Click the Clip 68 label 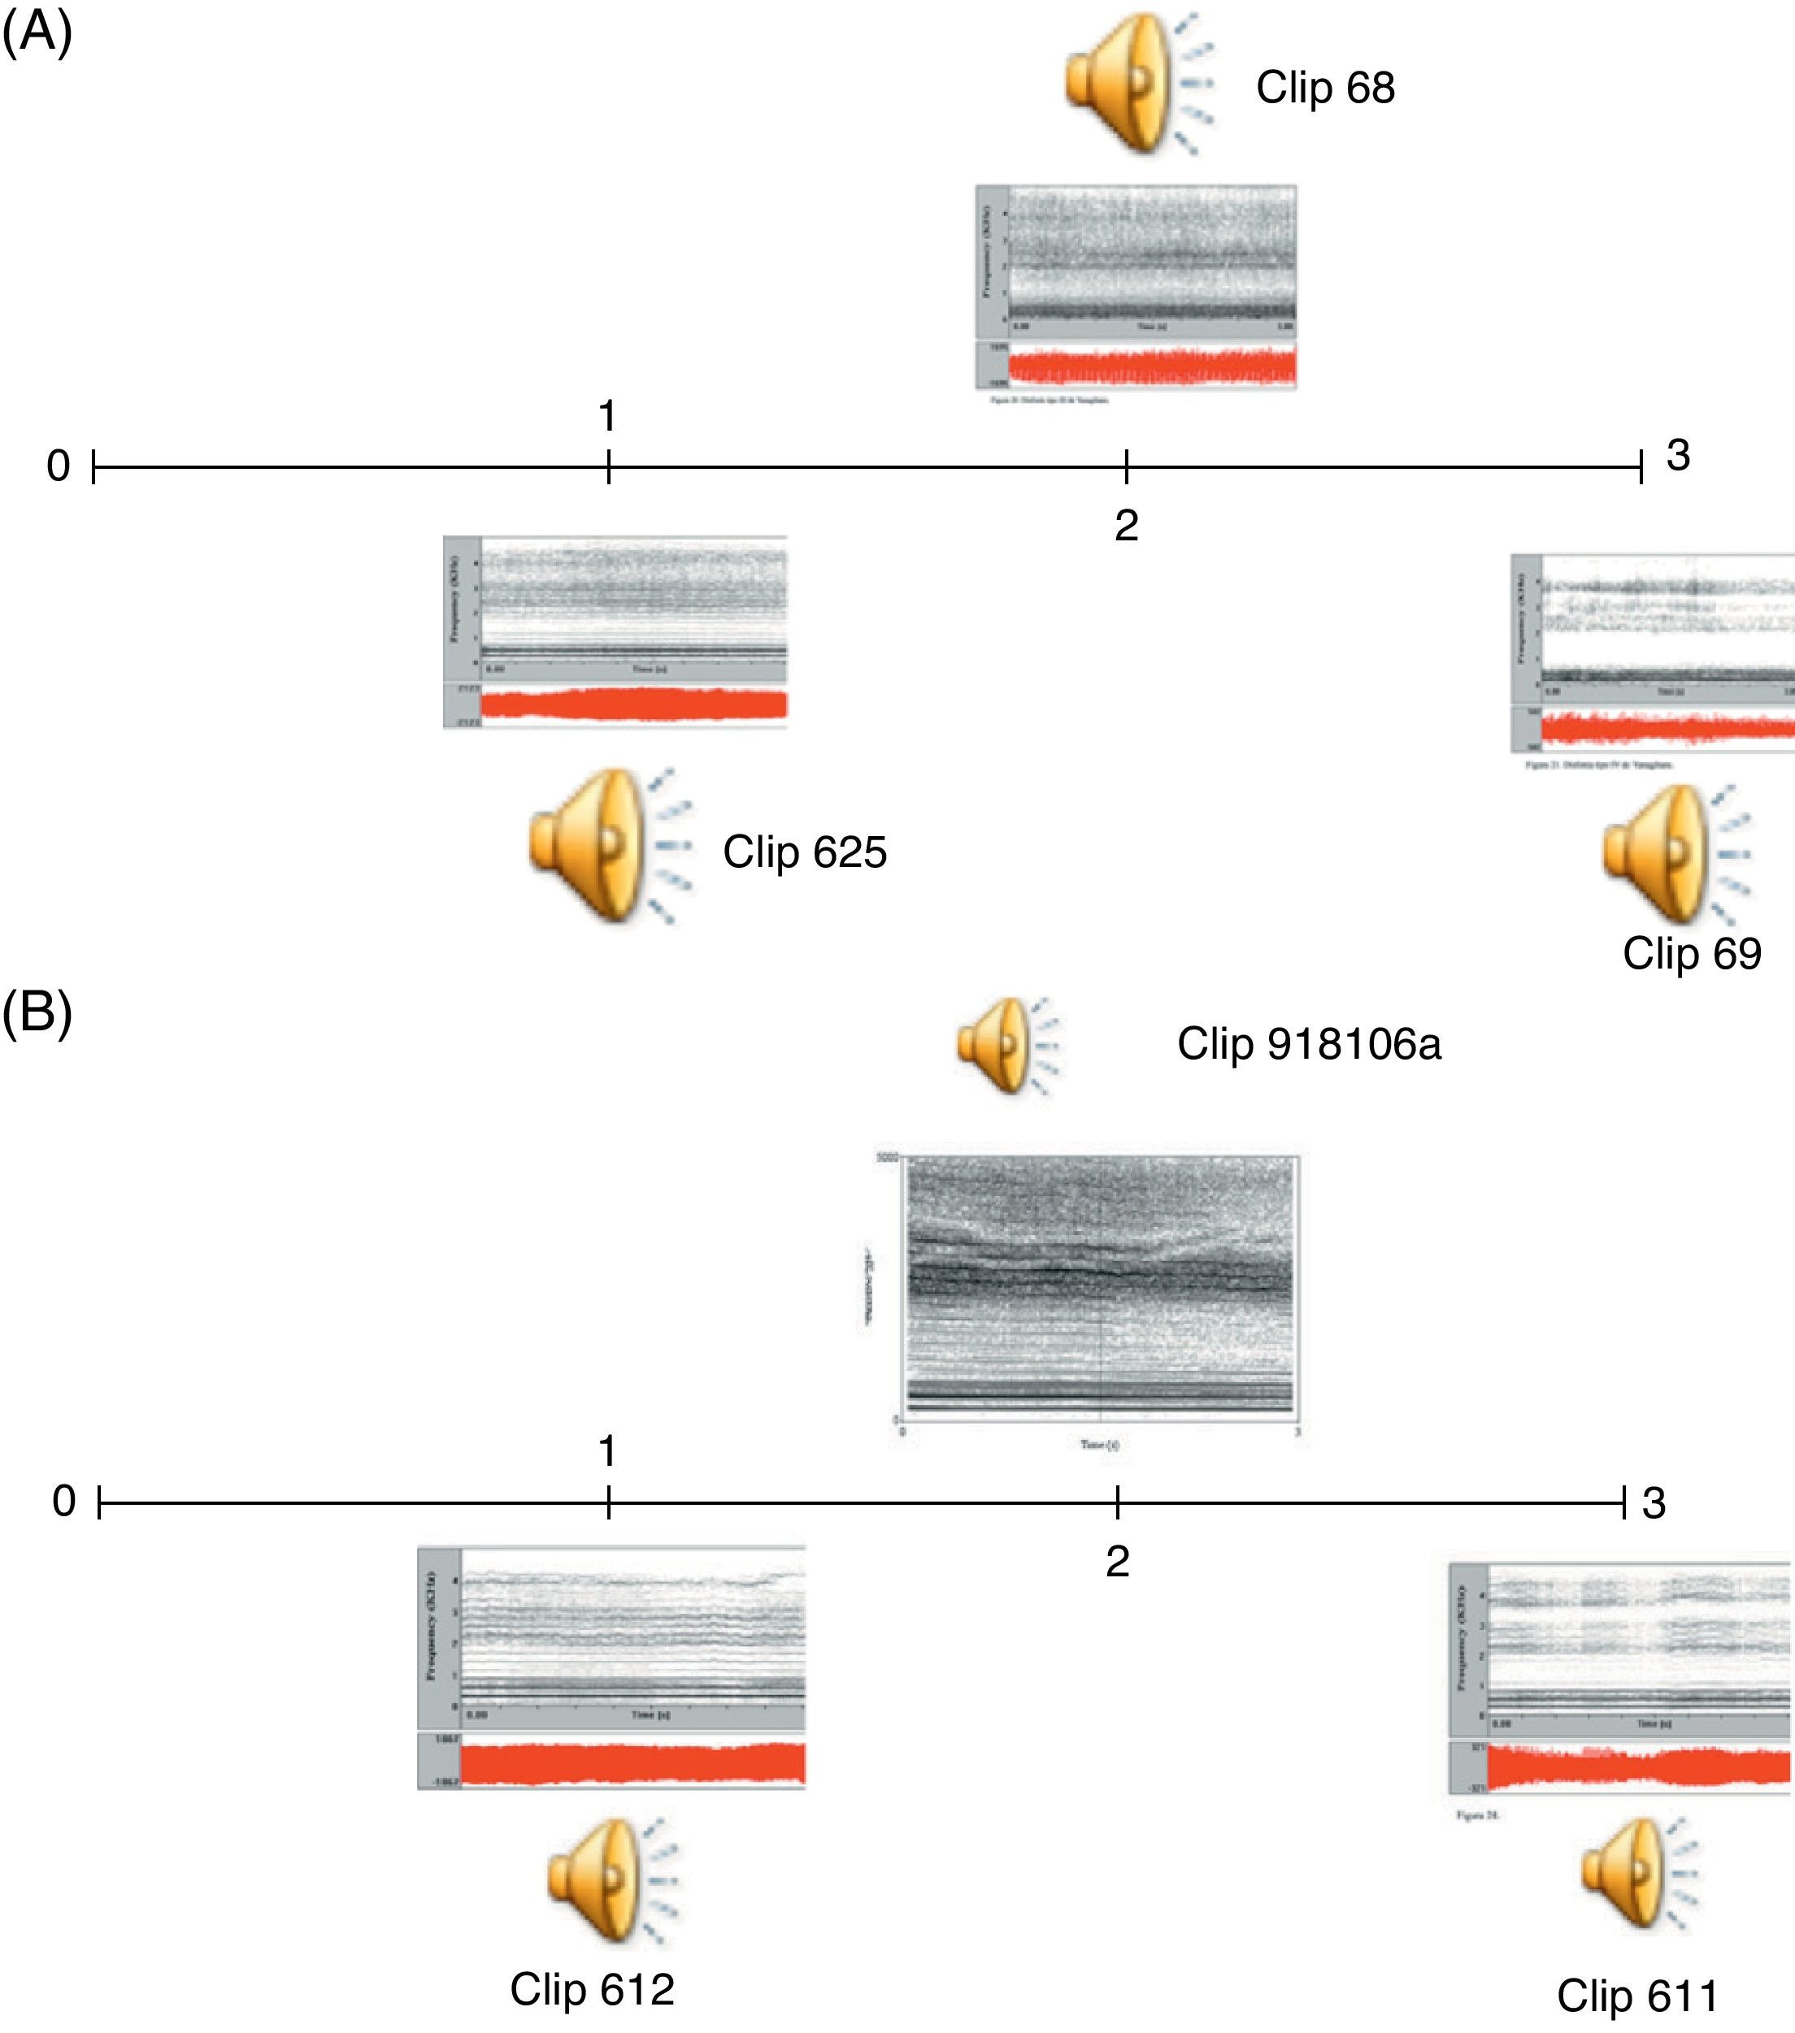coord(1324,88)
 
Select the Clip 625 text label coord(804,852)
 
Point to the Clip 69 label coord(1692,954)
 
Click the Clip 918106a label coord(1308,1044)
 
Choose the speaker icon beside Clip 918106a coord(1006,1047)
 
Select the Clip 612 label coord(592,1988)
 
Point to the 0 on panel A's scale coord(59,466)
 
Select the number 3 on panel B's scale coord(1653,1503)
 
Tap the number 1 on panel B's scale coord(608,1452)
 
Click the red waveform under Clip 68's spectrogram coord(1151,367)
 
